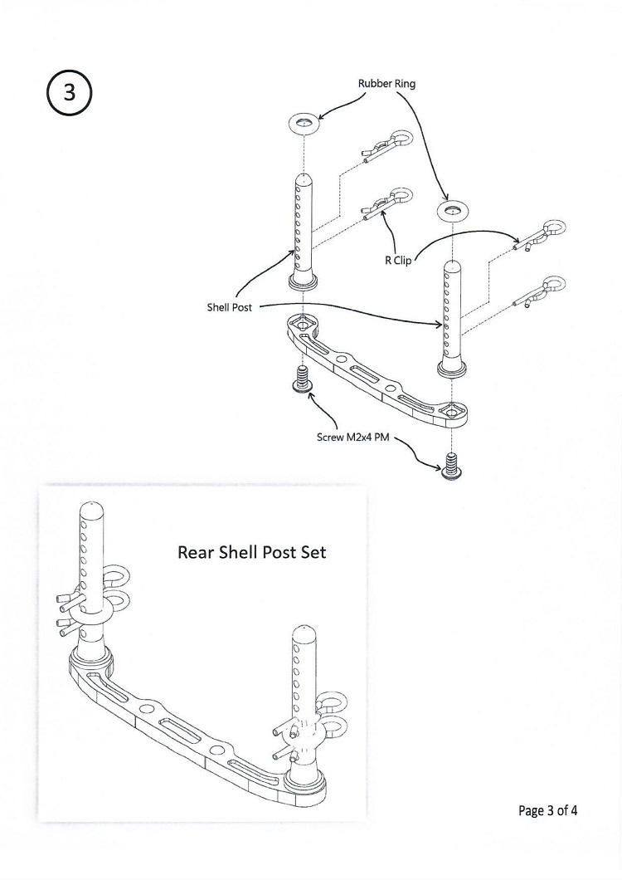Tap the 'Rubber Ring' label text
point(386,84)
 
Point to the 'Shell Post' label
point(229,307)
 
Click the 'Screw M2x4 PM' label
point(355,436)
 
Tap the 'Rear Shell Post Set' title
point(252,551)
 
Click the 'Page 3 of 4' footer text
point(547,809)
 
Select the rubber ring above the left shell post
point(305,124)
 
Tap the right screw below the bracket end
point(452,467)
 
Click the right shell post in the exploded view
point(452,315)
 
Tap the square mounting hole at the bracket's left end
point(304,323)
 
